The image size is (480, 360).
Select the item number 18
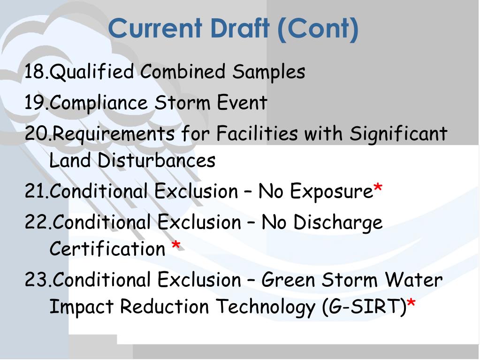coord(36,72)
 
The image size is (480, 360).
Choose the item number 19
coord(36,103)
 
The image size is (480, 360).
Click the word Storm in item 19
coord(183,103)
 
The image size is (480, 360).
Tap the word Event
coord(242,103)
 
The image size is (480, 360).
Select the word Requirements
coord(114,134)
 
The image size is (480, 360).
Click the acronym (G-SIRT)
coord(364,307)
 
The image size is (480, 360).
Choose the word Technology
coord(266,307)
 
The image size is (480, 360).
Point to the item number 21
coord(36,191)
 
